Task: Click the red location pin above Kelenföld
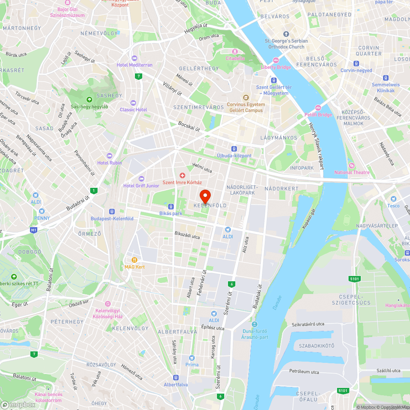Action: tap(205, 195)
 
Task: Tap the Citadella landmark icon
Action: tap(235, 52)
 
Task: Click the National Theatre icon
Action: tap(351, 166)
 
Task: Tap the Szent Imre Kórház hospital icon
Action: tap(182, 175)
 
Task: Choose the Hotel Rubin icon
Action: tap(109, 156)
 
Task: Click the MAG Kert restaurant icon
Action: tap(134, 260)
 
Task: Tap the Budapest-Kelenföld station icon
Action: tap(112, 212)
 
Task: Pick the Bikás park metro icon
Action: tap(171, 207)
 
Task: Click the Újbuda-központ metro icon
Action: tap(234, 149)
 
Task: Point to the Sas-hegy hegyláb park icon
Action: tap(89, 100)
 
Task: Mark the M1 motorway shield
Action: tap(33, 230)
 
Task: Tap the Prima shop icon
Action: tap(192, 358)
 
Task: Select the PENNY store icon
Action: tap(42, 211)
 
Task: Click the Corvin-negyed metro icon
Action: tap(356, 64)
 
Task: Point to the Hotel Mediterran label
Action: tap(134, 65)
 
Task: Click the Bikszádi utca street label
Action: tap(187, 236)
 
